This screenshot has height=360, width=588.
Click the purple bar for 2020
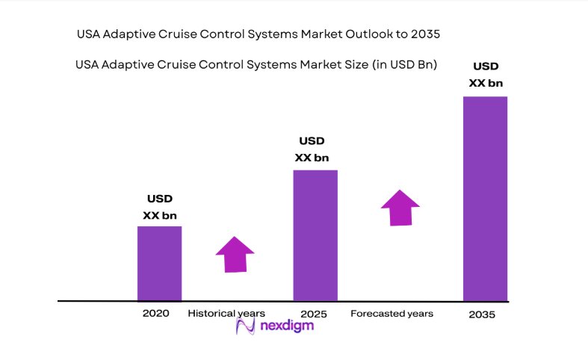pyautogui.click(x=159, y=263)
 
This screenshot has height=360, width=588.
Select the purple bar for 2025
pyautogui.click(x=315, y=235)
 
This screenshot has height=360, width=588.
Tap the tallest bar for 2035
pyautogui.click(x=485, y=199)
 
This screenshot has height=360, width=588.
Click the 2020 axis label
pyautogui.click(x=156, y=314)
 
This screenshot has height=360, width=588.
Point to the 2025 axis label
pyautogui.click(x=314, y=314)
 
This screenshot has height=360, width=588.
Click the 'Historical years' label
pyautogui.click(x=226, y=314)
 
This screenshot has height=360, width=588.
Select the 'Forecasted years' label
pyautogui.click(x=392, y=314)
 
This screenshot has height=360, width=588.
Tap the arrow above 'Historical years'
pyautogui.click(x=235, y=255)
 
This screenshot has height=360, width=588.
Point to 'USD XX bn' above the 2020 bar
pyautogui.click(x=160, y=207)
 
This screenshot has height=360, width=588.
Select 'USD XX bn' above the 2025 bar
pyautogui.click(x=312, y=149)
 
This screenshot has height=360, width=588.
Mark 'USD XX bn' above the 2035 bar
pyautogui.click(x=486, y=75)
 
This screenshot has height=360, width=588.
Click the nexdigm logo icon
pyautogui.click(x=246, y=326)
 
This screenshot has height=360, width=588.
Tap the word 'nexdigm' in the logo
pyautogui.click(x=287, y=327)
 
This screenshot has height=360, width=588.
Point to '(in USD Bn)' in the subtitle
pyautogui.click(x=403, y=65)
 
